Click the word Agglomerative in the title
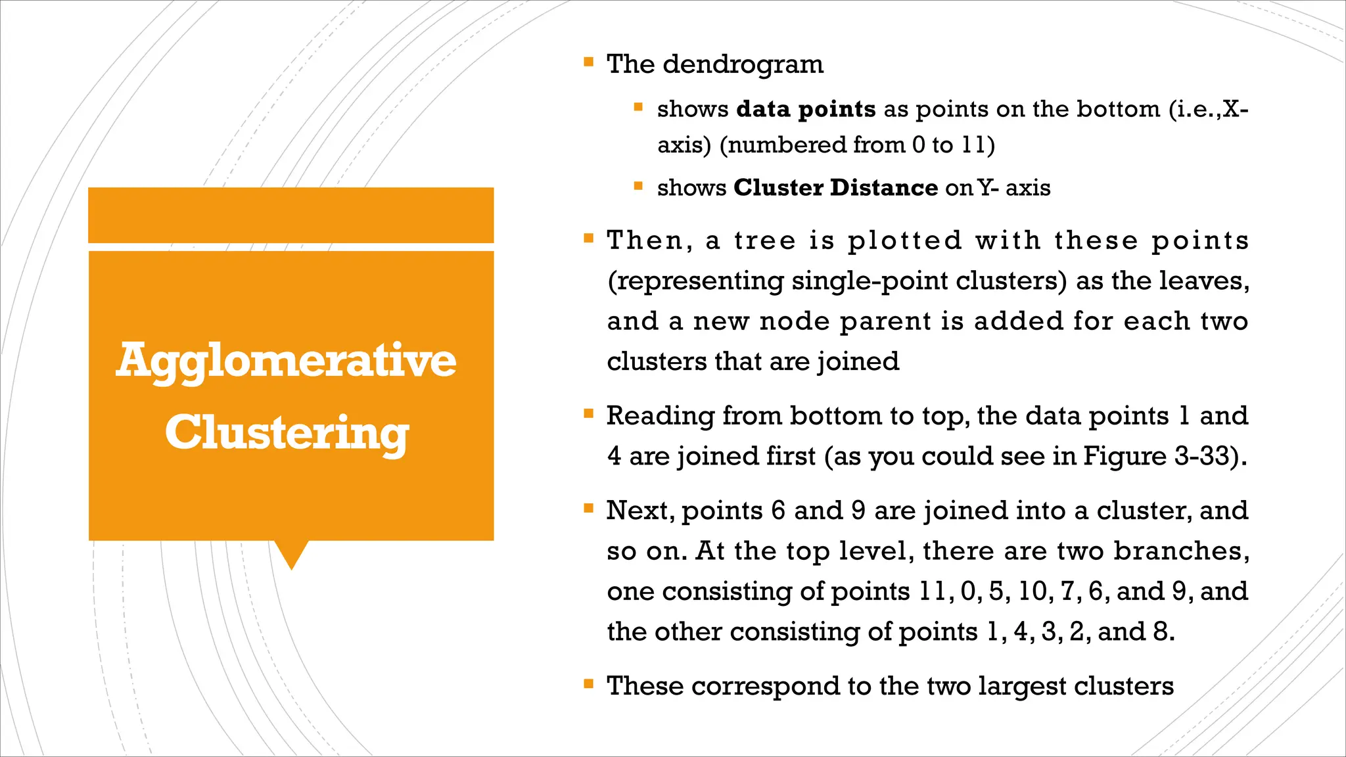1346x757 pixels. [286, 361]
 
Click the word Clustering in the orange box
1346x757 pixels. [287, 433]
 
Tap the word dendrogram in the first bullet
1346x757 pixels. [743, 64]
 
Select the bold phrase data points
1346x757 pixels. [806, 109]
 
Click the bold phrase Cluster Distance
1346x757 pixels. [835, 188]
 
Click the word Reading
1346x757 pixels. [660, 416]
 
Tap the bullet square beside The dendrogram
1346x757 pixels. [588, 63]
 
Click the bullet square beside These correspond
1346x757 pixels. [588, 685]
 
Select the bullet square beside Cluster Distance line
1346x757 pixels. [638, 186]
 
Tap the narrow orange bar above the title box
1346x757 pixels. [290, 215]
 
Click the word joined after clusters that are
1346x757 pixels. [858, 362]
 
